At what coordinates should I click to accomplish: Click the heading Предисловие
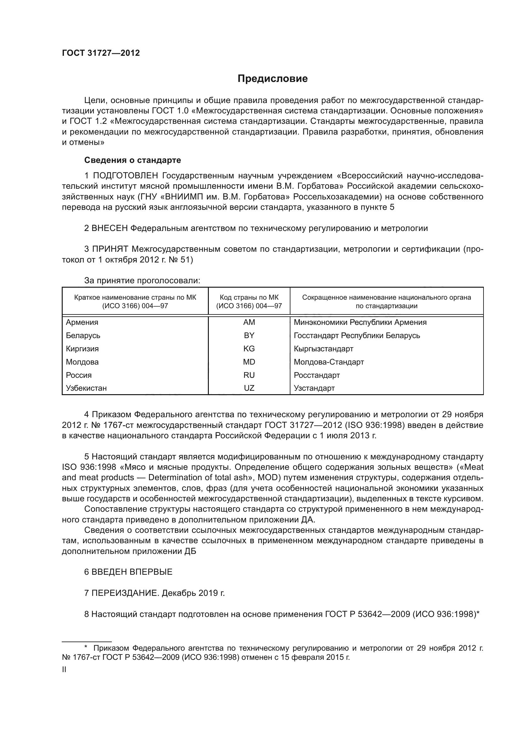[272, 79]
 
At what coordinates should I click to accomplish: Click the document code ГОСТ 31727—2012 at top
[101, 53]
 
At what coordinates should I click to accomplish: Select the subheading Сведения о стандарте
[133, 160]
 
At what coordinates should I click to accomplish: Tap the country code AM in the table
[249, 322]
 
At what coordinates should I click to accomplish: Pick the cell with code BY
[249, 336]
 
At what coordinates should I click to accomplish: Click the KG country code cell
[249, 348]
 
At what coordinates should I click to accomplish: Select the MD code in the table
[249, 362]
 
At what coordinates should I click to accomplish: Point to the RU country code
[249, 375]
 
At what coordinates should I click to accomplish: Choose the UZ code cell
[249, 388]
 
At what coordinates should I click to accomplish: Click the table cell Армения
[82, 322]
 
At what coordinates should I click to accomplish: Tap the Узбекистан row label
[86, 388]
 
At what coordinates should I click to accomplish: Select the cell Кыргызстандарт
[323, 348]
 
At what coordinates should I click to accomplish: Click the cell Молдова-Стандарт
[329, 362]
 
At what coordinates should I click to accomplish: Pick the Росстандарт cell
[317, 375]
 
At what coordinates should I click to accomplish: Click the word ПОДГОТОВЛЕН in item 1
[125, 176]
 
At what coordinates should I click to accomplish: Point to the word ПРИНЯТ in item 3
[110, 249]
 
